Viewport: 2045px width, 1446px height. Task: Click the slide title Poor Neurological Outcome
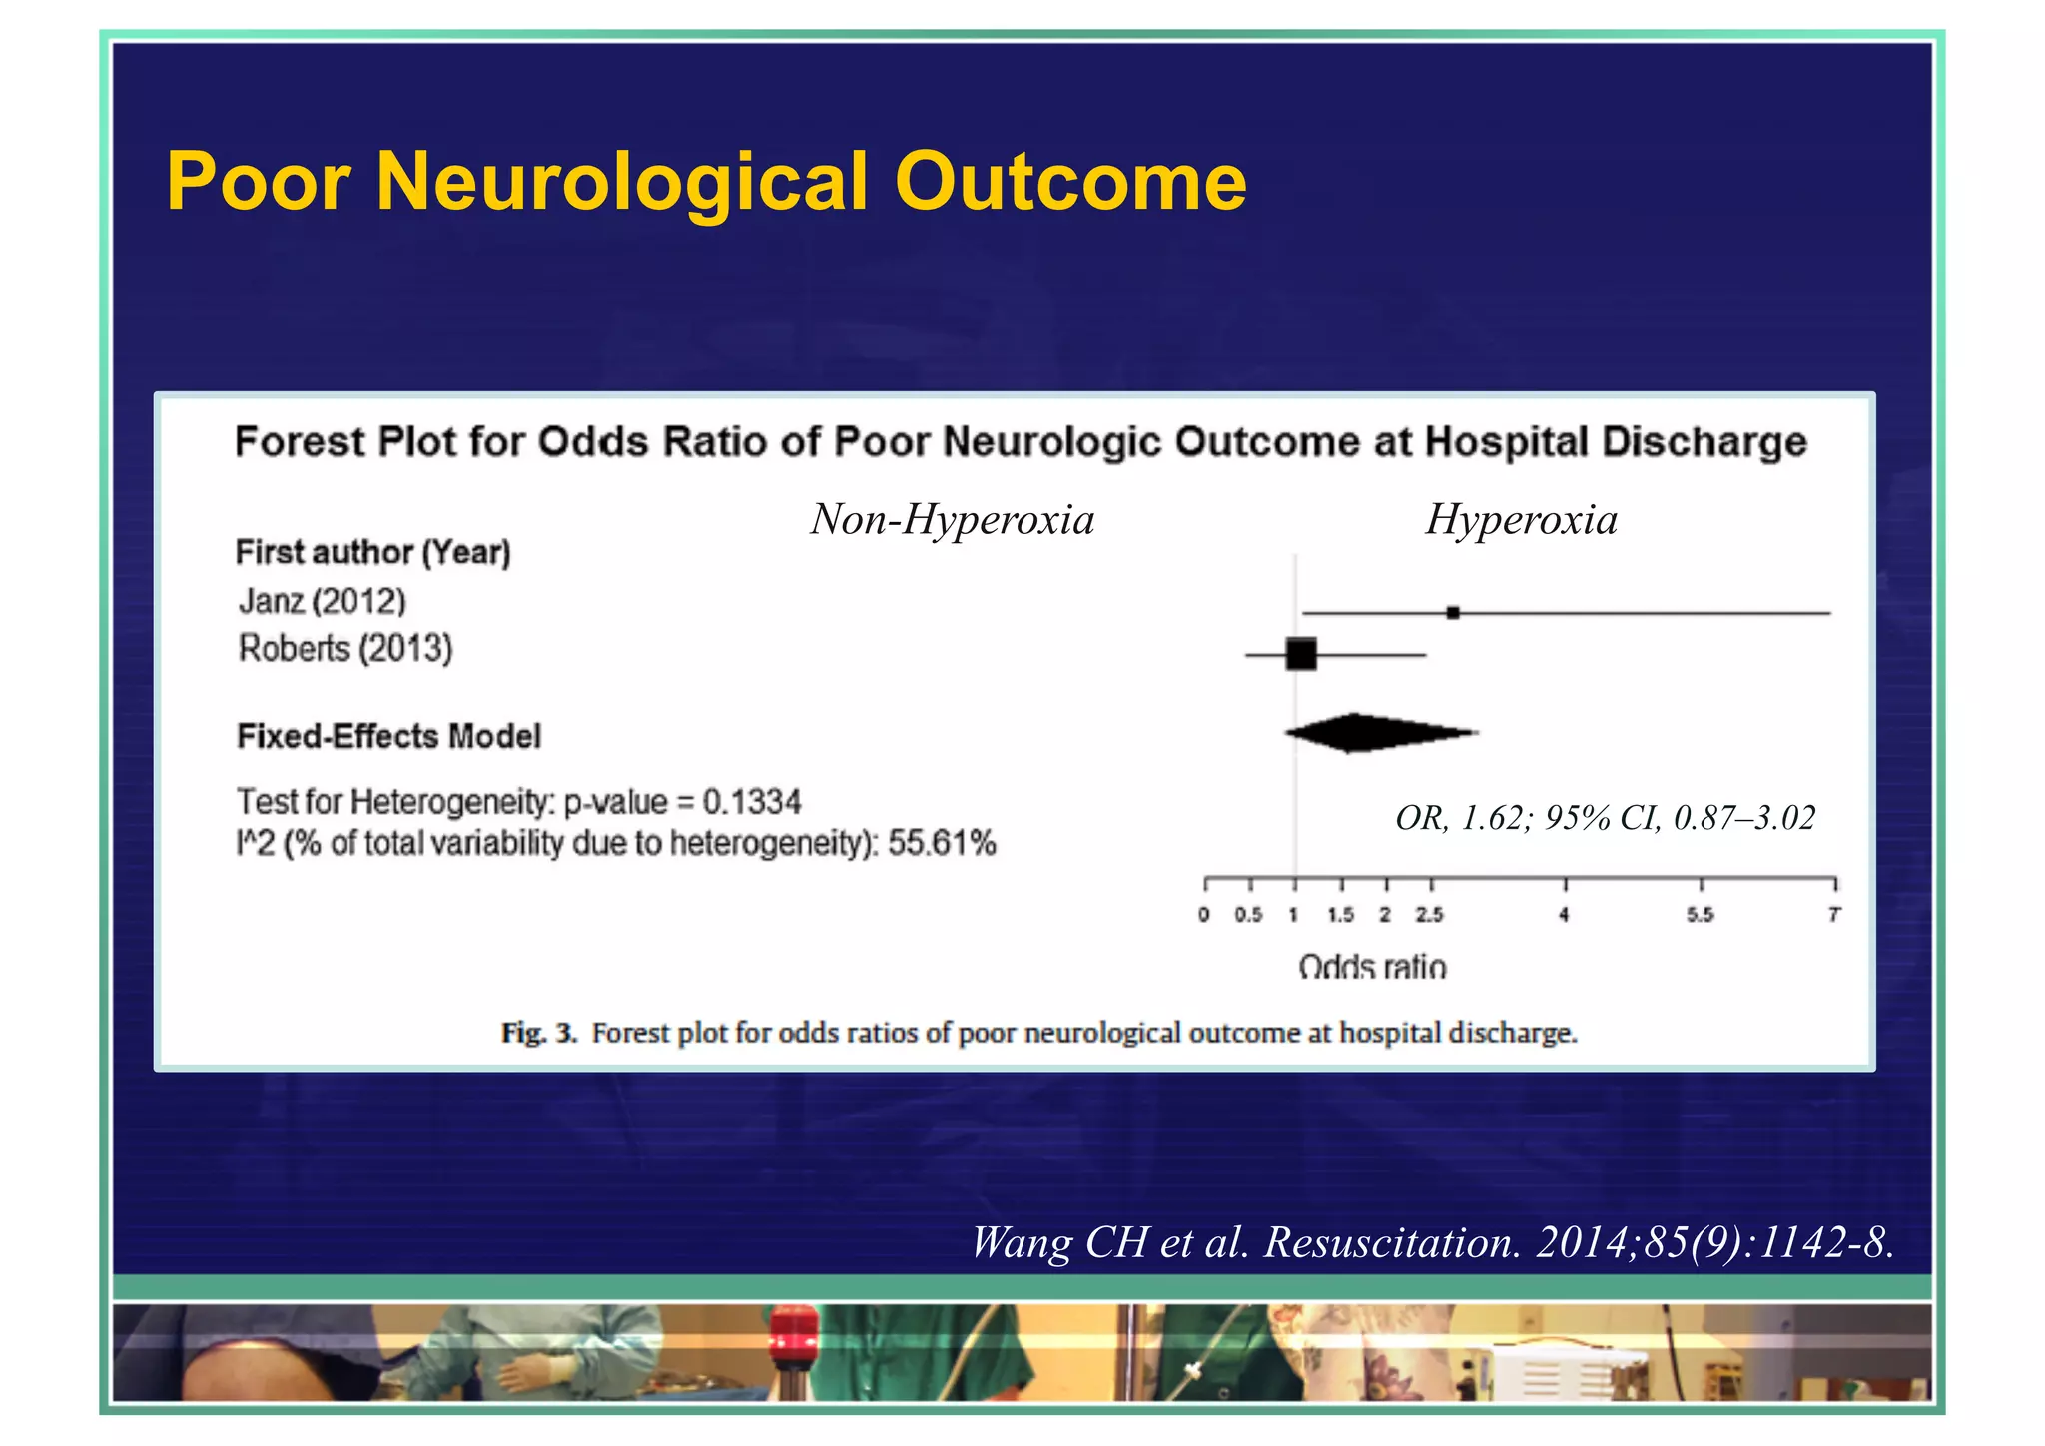coord(705,182)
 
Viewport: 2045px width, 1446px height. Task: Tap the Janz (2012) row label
coord(323,601)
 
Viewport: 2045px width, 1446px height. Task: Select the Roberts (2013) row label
coord(345,649)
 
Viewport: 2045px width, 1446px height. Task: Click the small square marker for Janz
coord(1453,612)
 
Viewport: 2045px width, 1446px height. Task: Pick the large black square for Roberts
coord(1301,654)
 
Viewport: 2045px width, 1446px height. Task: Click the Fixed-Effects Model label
coord(388,737)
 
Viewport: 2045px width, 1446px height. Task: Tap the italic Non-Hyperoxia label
coord(952,519)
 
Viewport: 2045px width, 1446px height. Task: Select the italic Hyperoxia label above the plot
coord(1521,519)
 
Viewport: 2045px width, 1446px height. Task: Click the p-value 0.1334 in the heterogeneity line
coord(751,802)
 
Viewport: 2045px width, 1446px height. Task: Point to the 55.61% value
coord(942,843)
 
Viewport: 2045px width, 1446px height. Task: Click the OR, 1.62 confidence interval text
coord(1605,818)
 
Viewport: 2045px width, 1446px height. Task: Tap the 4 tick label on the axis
coord(1564,915)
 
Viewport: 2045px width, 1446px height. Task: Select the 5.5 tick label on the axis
coord(1700,915)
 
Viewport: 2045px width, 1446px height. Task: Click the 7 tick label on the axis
coord(1833,915)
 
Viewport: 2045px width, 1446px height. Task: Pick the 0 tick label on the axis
coord(1204,915)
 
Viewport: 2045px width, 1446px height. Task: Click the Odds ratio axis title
coord(1372,966)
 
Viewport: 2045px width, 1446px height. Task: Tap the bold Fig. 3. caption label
coord(539,1033)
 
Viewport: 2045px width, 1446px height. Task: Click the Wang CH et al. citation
coord(1432,1243)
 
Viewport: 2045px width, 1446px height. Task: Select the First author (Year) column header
coord(372,552)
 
